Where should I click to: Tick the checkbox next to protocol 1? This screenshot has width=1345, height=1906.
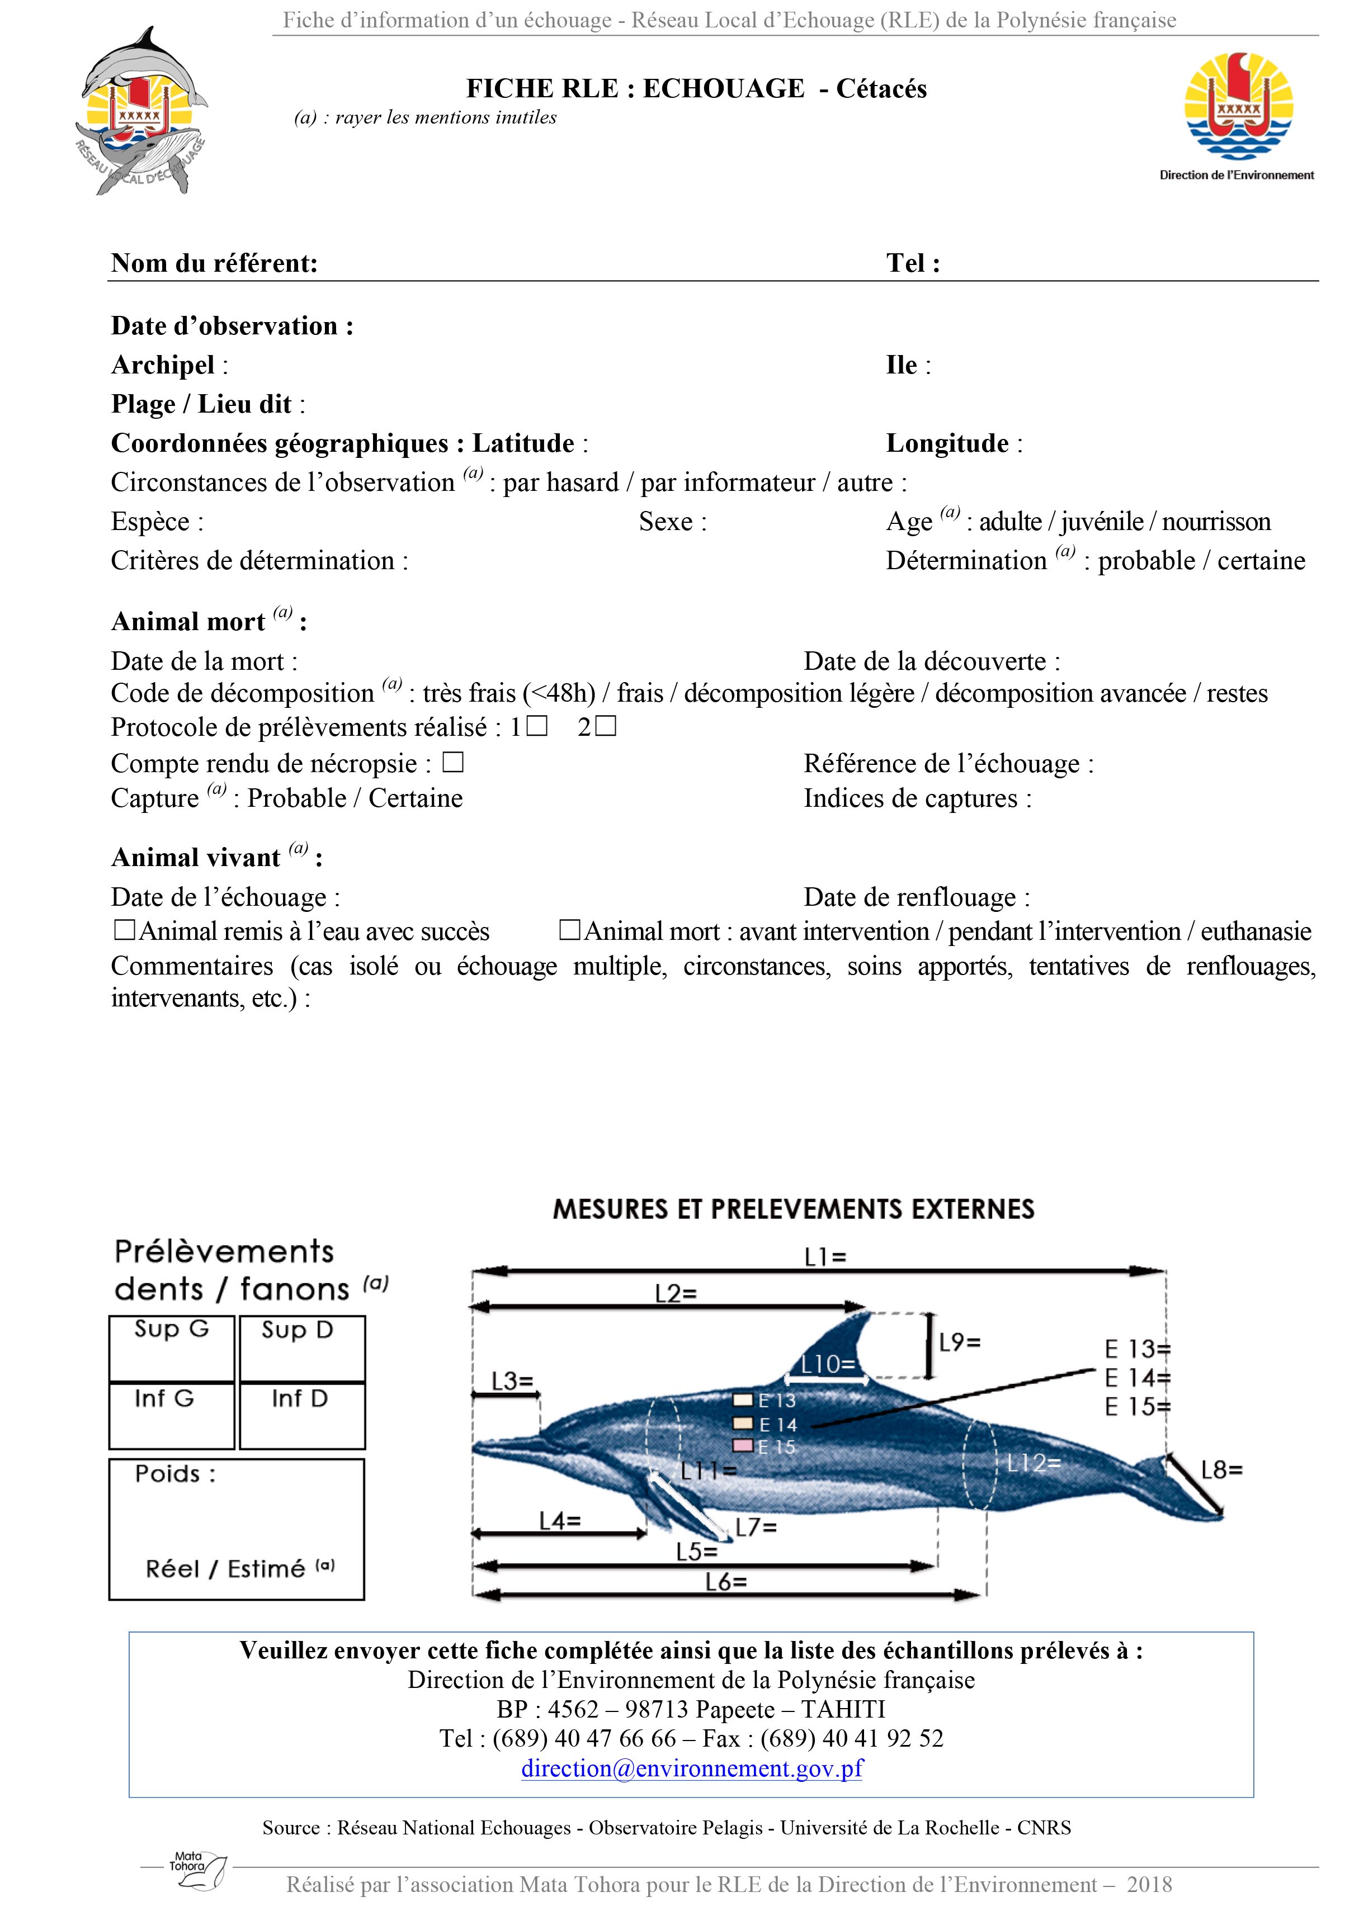click(538, 726)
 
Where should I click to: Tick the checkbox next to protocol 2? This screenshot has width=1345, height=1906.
click(607, 726)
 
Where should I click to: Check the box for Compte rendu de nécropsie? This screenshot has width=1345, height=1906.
click(452, 762)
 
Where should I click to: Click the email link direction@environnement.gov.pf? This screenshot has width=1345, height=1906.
click(692, 1767)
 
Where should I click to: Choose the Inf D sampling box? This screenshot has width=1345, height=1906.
click(302, 1416)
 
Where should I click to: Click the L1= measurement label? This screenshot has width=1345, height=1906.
click(825, 1257)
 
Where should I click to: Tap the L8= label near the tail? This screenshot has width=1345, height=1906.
click(1221, 1470)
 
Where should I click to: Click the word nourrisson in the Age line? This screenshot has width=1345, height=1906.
click(1216, 521)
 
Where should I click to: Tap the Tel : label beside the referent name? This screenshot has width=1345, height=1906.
click(913, 263)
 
